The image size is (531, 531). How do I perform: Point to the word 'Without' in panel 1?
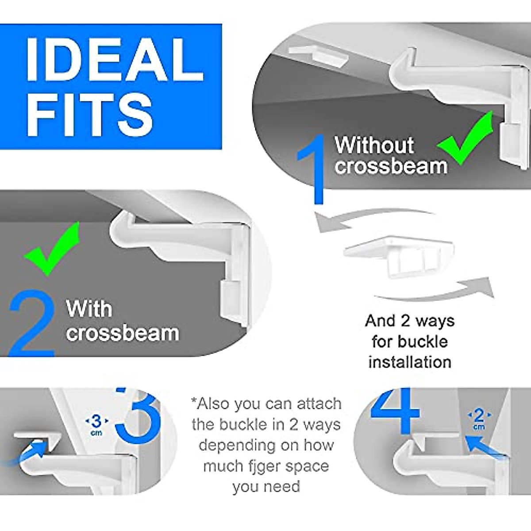tap(374, 145)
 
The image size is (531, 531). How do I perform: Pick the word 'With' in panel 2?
tap(88, 309)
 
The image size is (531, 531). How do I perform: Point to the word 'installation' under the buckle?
tap(410, 362)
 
